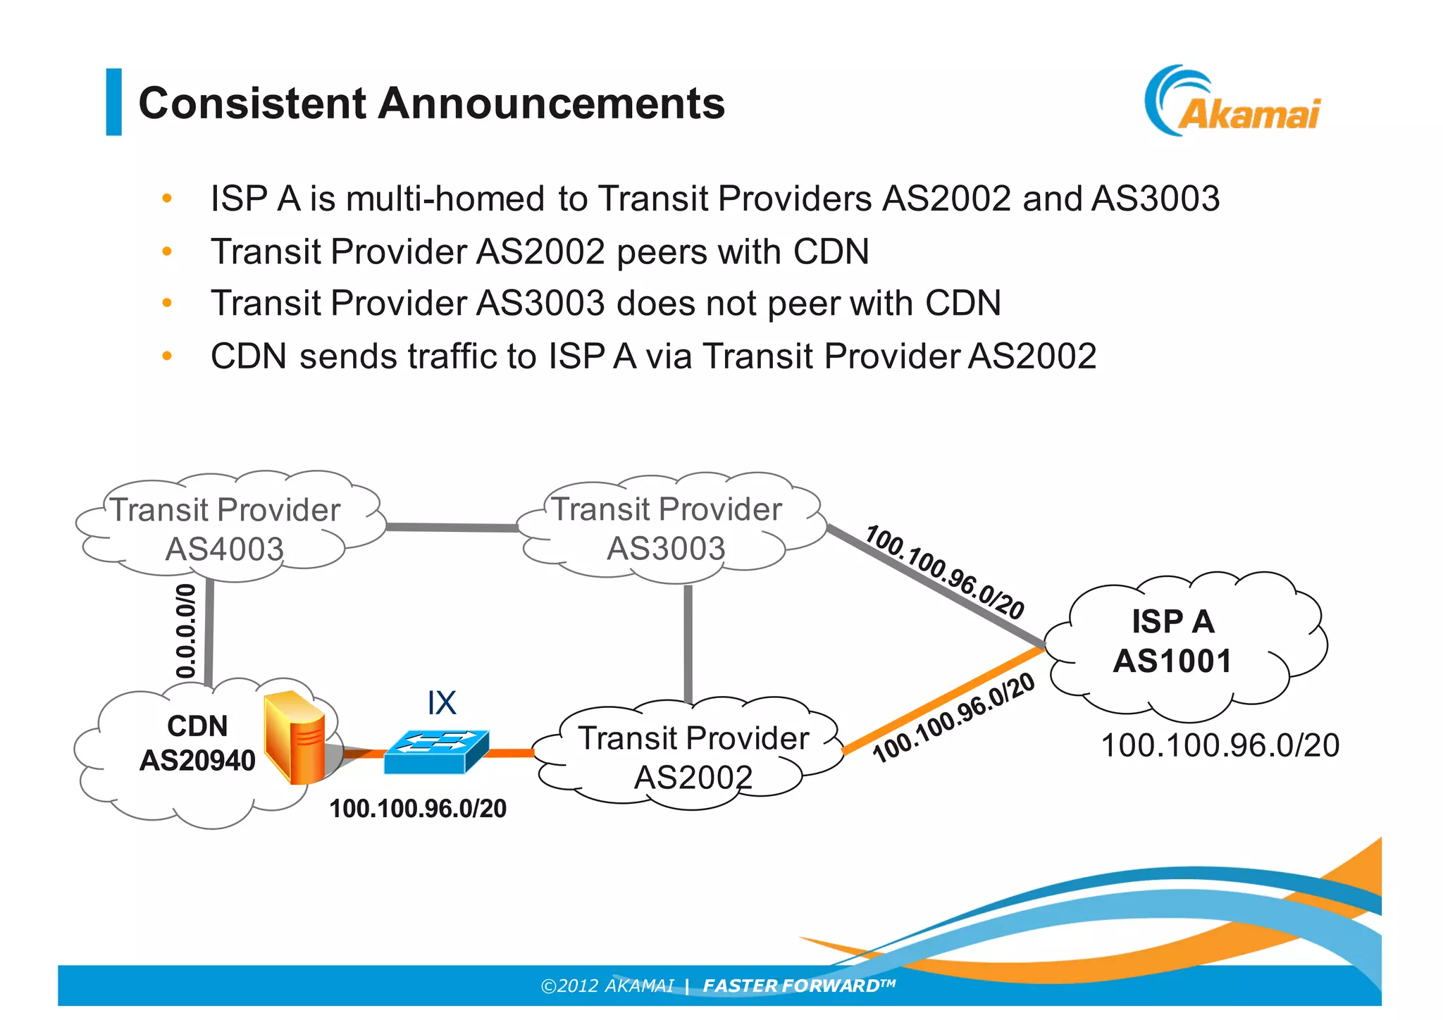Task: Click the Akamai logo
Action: pos(1233,102)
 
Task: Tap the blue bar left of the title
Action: pos(113,101)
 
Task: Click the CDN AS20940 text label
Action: pos(197,744)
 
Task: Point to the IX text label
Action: pos(442,702)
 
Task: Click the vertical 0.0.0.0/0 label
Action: pos(185,631)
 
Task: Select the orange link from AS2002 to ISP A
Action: pos(944,700)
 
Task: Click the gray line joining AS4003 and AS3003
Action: pos(451,527)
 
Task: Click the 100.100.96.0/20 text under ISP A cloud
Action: pos(1220,745)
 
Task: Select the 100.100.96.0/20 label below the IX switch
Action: pos(418,809)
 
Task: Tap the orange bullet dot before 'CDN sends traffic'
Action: pos(167,356)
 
